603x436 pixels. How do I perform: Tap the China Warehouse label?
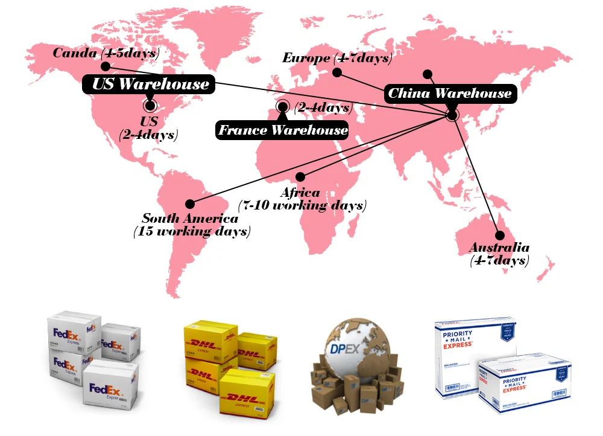(x=450, y=93)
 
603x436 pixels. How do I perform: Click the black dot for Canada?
(x=106, y=66)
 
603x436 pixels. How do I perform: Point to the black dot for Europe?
(x=338, y=72)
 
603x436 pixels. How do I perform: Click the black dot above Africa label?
(x=300, y=176)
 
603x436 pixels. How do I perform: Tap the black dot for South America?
(x=190, y=204)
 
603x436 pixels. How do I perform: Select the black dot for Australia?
(x=499, y=236)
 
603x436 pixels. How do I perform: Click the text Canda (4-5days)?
(x=106, y=53)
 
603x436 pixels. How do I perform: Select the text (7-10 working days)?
(x=302, y=205)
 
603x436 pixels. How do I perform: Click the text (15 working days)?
(x=192, y=231)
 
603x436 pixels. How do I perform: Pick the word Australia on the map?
(x=499, y=248)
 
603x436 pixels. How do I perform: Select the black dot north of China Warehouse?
(x=428, y=74)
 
